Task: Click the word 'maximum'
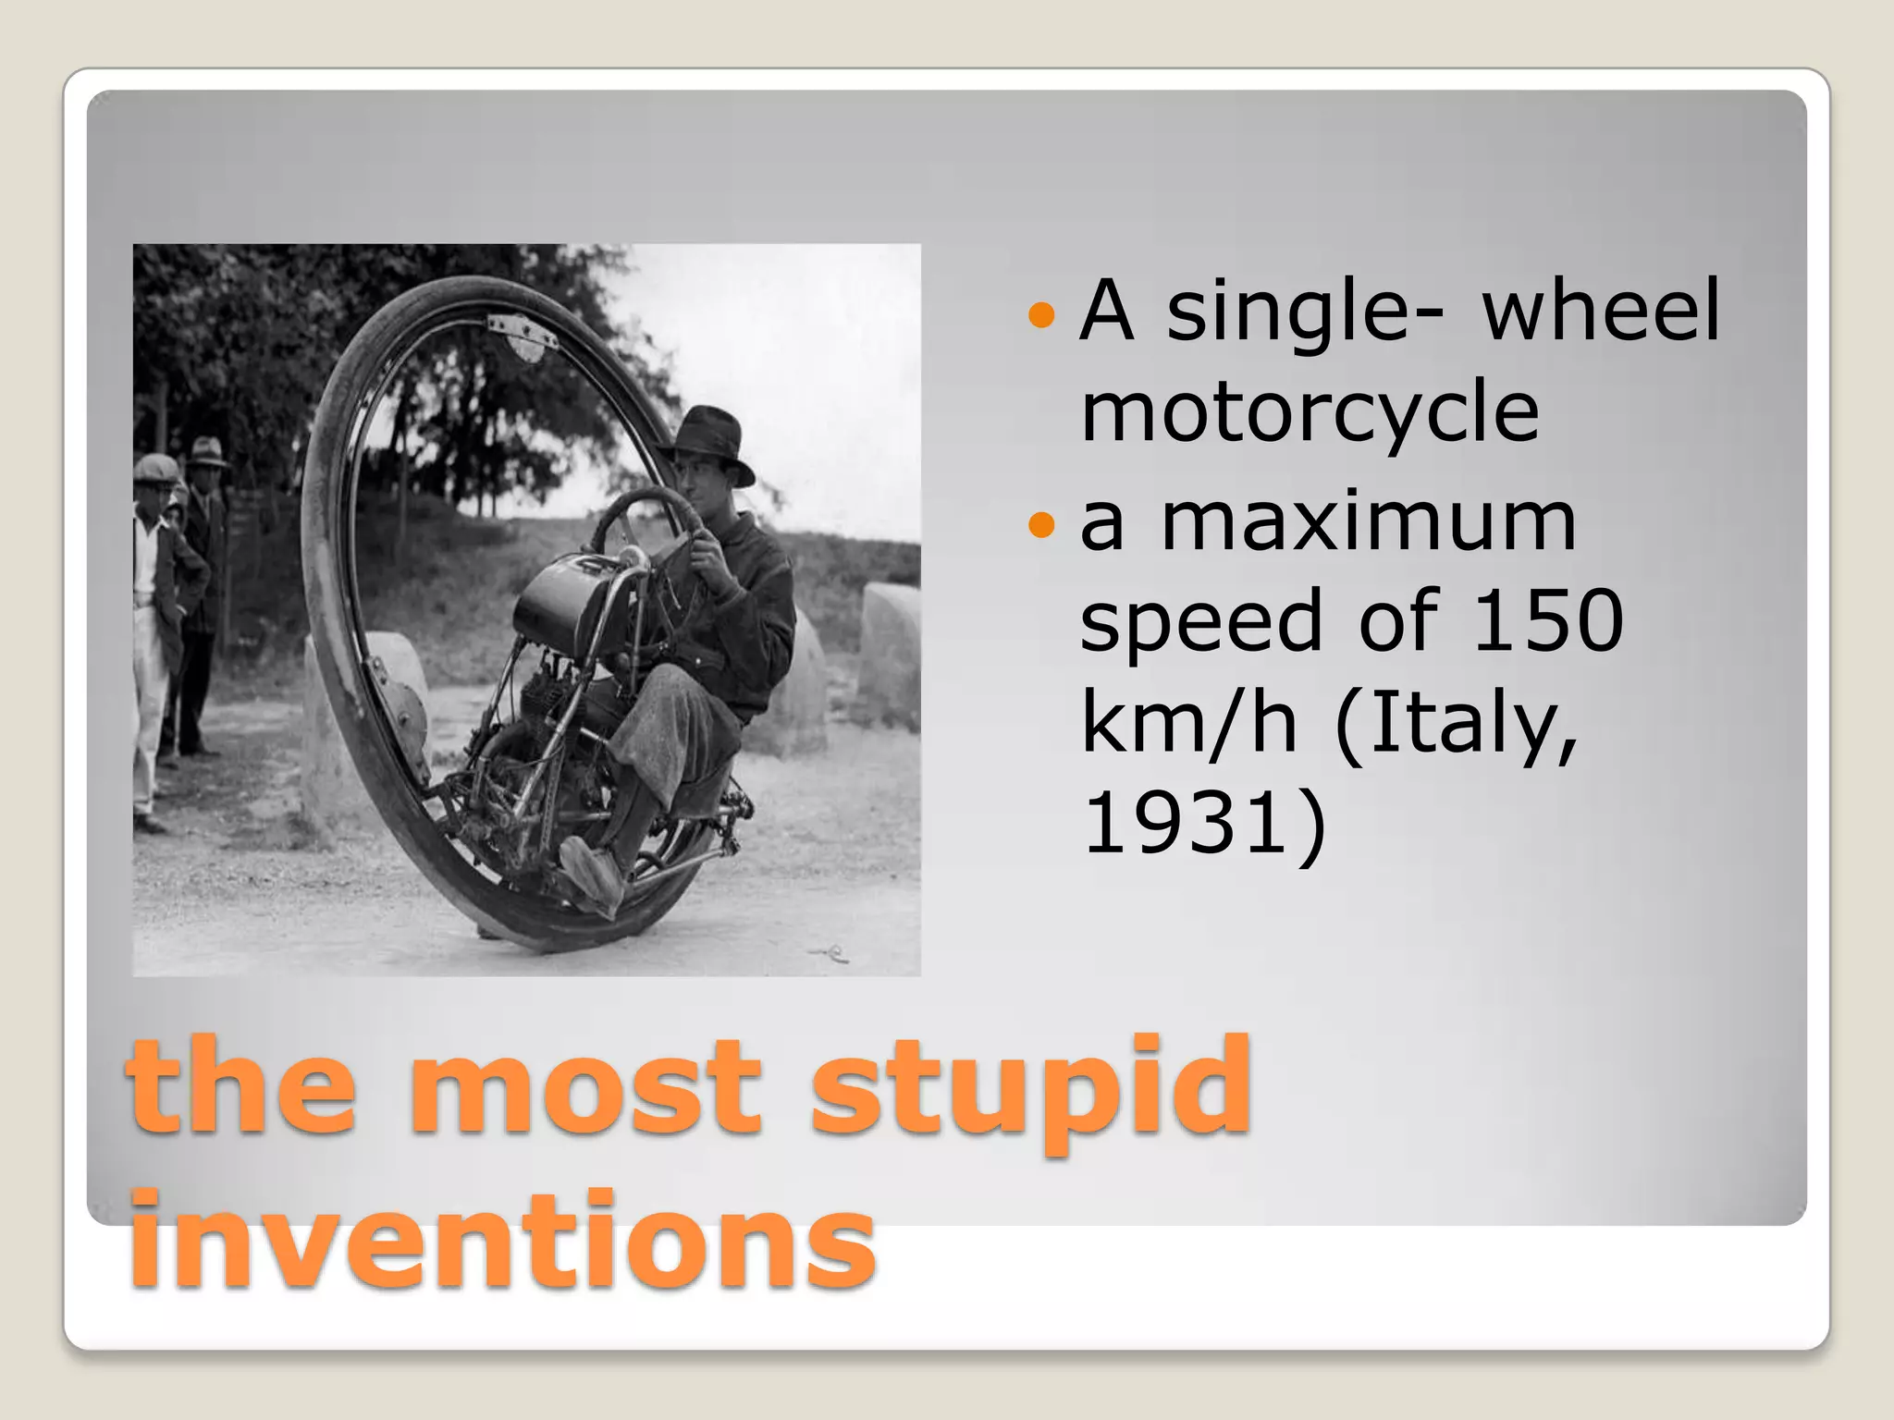[x=1368, y=523]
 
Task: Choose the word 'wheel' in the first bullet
[x=1601, y=311]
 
